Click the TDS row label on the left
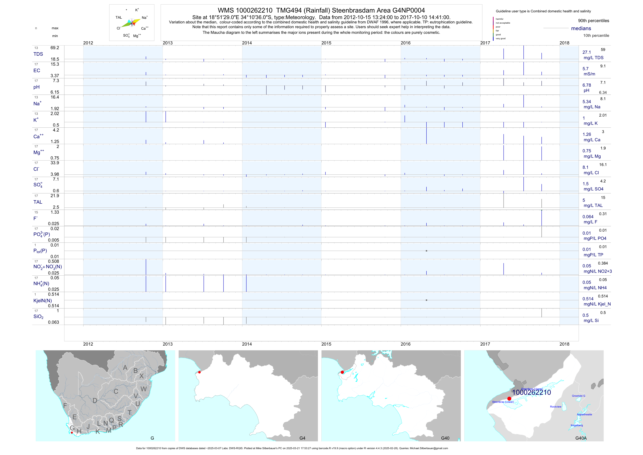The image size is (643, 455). [x=38, y=54]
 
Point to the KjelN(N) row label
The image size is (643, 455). [x=43, y=301]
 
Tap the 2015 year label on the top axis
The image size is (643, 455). [x=326, y=43]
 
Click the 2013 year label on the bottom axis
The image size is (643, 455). [x=167, y=344]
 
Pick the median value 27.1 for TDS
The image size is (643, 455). [x=586, y=52]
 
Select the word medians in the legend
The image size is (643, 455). [x=581, y=28]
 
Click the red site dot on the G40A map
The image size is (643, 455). [x=509, y=398]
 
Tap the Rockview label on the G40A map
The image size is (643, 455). [x=556, y=406]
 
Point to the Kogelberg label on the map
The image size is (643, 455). [x=577, y=425]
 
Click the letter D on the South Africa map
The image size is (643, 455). [x=95, y=401]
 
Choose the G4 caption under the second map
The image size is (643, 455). [x=302, y=438]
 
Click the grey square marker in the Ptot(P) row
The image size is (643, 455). [x=426, y=251]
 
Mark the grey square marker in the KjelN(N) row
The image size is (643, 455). [x=426, y=300]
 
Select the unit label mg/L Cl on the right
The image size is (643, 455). [x=591, y=173]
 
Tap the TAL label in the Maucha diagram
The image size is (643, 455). [x=119, y=17]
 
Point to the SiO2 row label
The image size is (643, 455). [x=38, y=317]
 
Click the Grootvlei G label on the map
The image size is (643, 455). [x=578, y=396]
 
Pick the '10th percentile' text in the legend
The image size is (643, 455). [x=596, y=36]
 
